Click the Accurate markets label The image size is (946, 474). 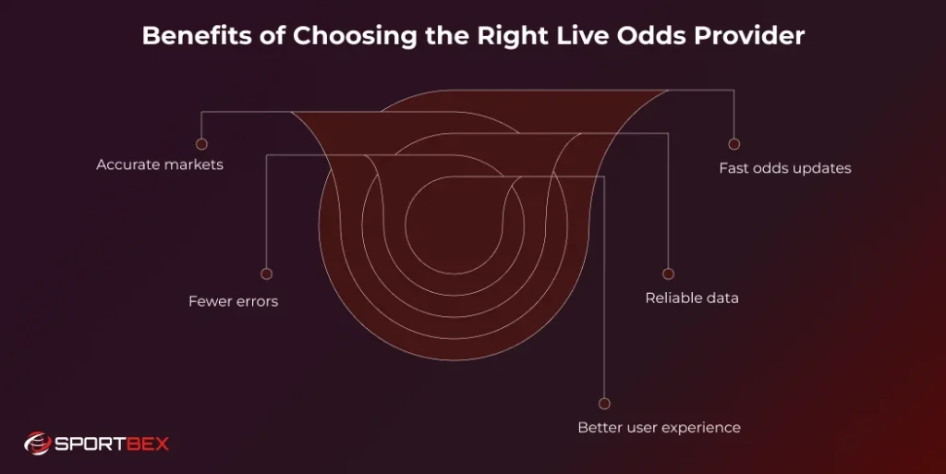pyautogui.click(x=160, y=165)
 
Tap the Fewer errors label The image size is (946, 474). pyautogui.click(x=233, y=301)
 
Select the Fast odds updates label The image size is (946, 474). pyautogui.click(x=785, y=168)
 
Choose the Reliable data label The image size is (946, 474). pyautogui.click(x=692, y=298)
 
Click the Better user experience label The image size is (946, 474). pyautogui.click(x=659, y=428)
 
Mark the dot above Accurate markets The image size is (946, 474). pyautogui.click(x=201, y=144)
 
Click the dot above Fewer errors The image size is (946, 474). pyautogui.click(x=266, y=273)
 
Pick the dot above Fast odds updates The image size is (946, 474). pyautogui.click(x=734, y=144)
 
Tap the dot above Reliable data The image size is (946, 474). pyautogui.click(x=668, y=274)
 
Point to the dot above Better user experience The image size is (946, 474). pyautogui.click(x=604, y=404)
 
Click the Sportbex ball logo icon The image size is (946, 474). pyautogui.click(x=37, y=444)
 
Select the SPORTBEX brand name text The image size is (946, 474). pyautogui.click(x=111, y=444)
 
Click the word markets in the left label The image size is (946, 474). pyautogui.click(x=193, y=165)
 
